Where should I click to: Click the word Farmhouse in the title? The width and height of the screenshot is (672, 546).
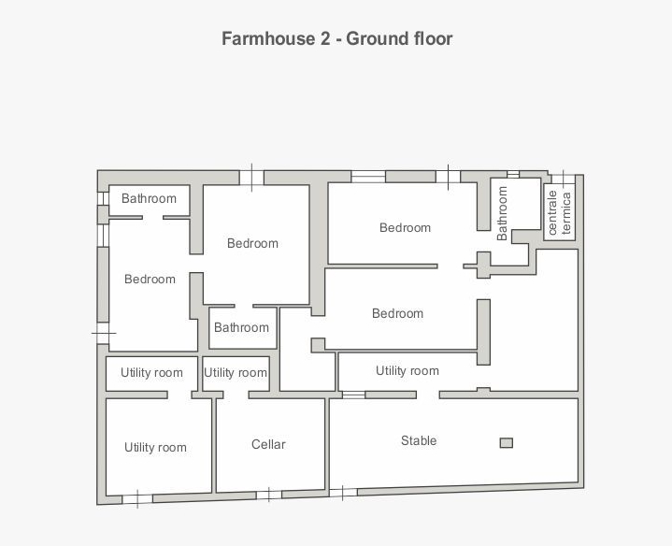pyautogui.click(x=269, y=38)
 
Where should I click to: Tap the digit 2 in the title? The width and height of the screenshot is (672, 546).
pyautogui.click(x=325, y=38)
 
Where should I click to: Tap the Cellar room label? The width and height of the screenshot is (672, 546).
pyautogui.click(x=268, y=444)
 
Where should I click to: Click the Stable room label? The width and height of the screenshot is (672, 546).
pyautogui.click(x=419, y=440)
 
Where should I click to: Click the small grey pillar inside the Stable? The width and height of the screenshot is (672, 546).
pyautogui.click(x=507, y=443)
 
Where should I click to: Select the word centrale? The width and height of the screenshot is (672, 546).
pyautogui.click(x=552, y=212)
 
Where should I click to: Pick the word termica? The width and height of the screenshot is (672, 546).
pyautogui.click(x=566, y=213)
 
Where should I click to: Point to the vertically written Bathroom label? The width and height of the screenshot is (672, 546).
pyautogui.click(x=502, y=213)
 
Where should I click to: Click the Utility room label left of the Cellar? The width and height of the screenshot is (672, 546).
pyautogui.click(x=155, y=448)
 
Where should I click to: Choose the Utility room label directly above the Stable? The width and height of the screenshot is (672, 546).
pyautogui.click(x=407, y=371)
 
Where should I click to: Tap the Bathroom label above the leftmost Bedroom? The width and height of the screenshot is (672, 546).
pyautogui.click(x=149, y=198)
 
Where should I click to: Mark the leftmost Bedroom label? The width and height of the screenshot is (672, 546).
pyautogui.click(x=150, y=279)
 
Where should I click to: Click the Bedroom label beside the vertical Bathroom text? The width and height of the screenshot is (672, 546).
pyautogui.click(x=405, y=227)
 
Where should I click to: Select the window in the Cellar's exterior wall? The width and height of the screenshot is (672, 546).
pyautogui.click(x=269, y=495)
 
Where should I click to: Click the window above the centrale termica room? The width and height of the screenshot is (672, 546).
pyautogui.click(x=564, y=179)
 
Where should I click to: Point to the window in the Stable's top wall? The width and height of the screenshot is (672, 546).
pyautogui.click(x=353, y=395)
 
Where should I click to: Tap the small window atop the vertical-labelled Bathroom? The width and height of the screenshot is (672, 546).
pyautogui.click(x=513, y=174)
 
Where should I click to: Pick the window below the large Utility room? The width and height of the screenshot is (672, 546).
pyautogui.click(x=137, y=499)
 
